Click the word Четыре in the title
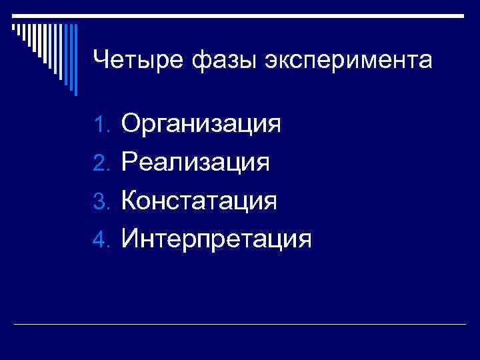tap(138, 61)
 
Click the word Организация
tap(201, 125)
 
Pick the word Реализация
tap(195, 163)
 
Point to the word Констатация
tap(199, 201)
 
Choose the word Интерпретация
tap(217, 239)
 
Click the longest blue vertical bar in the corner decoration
tap(75, 60)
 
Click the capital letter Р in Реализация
tap(130, 162)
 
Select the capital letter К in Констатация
tap(131, 200)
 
